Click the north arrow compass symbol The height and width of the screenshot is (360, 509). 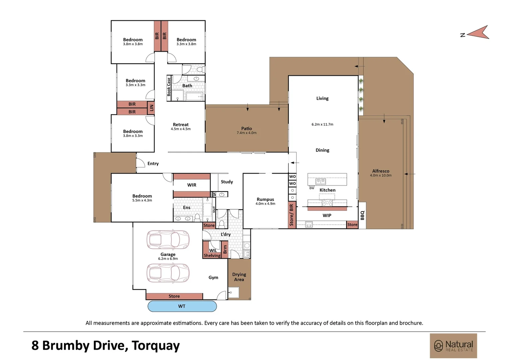pyautogui.click(x=477, y=33)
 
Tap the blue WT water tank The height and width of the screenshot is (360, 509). pyautogui.click(x=182, y=306)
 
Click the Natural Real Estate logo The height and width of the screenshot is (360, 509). pyautogui.click(x=453, y=346)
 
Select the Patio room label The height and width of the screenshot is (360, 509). pyautogui.click(x=247, y=128)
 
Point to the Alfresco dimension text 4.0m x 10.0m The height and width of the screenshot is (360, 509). pyautogui.click(x=381, y=175)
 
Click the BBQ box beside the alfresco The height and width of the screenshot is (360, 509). pyautogui.click(x=362, y=215)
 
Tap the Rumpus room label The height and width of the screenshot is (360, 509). pyautogui.click(x=265, y=199)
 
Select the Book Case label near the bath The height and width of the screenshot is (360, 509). pyautogui.click(x=169, y=87)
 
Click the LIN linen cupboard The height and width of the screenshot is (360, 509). pyautogui.click(x=151, y=108)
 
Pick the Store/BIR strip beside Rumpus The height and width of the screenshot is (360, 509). pyautogui.click(x=291, y=215)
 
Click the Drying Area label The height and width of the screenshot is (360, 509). pyautogui.click(x=239, y=277)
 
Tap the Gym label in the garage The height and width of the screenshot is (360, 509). pyautogui.click(x=213, y=277)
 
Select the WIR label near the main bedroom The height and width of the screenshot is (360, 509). pyautogui.click(x=192, y=185)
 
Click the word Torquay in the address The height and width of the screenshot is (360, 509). pyautogui.click(x=156, y=346)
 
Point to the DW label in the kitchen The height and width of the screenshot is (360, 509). pyautogui.click(x=312, y=188)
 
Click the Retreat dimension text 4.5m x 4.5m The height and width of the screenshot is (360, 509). pyautogui.click(x=181, y=129)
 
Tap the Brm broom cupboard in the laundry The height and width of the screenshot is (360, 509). pyautogui.click(x=225, y=249)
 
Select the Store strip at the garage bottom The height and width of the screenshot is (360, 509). pyautogui.click(x=174, y=296)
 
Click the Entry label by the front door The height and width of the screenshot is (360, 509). pyautogui.click(x=153, y=163)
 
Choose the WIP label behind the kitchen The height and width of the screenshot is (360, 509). pyautogui.click(x=327, y=215)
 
